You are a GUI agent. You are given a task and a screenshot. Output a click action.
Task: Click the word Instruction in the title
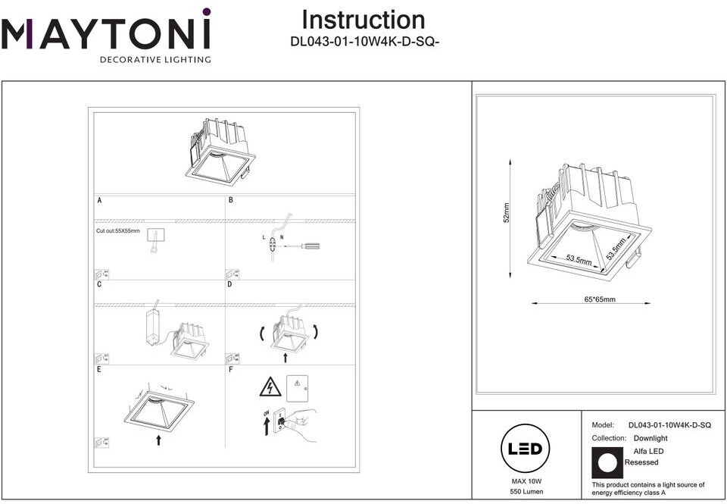(363, 20)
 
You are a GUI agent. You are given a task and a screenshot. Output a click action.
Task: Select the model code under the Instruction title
(365, 42)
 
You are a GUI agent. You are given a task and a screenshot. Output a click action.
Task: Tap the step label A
(99, 201)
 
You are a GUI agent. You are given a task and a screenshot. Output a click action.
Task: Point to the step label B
(231, 201)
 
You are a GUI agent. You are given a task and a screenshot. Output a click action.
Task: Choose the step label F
(230, 370)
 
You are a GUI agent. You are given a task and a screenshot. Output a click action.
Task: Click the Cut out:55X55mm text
(118, 230)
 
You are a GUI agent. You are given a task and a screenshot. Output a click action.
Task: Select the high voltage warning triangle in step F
(270, 387)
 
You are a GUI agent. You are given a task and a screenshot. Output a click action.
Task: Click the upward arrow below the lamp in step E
(158, 440)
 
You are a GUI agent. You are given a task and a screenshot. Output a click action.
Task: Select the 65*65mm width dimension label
(600, 299)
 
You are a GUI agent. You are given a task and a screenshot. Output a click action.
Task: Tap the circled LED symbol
(526, 449)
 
